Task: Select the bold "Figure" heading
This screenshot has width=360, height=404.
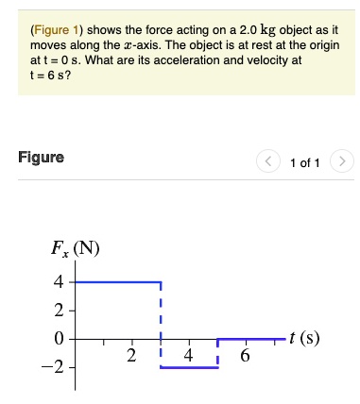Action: (x=41, y=158)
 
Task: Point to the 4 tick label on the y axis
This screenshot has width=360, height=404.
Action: (x=59, y=282)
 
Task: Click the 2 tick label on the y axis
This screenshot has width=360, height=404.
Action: (x=59, y=311)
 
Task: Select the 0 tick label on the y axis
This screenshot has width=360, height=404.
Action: (x=59, y=339)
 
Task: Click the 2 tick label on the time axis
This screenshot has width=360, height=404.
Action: (x=132, y=356)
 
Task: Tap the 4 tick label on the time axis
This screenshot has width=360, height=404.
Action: (x=189, y=356)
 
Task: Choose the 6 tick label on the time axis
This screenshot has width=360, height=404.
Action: (x=246, y=356)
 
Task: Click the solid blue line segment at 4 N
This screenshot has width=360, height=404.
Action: (x=118, y=282)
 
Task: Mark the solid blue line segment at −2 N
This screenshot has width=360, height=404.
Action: (x=189, y=367)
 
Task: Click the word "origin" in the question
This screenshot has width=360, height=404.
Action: (x=319, y=44)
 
